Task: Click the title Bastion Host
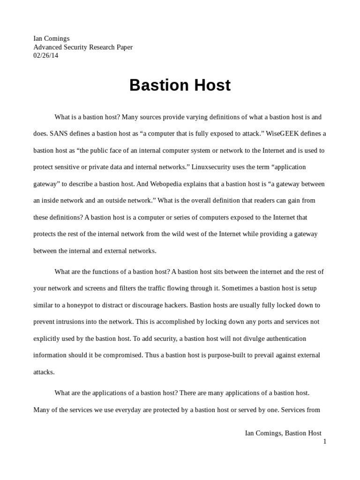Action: (180, 85)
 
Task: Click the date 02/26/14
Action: (46, 55)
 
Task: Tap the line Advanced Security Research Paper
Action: (83, 47)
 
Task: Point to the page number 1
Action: (324, 441)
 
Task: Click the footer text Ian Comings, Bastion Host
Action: (283, 433)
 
